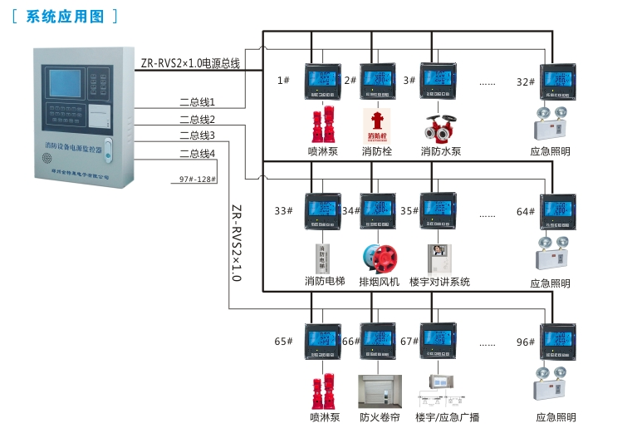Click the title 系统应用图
tap(66, 16)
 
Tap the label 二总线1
tap(197, 102)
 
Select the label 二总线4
tap(197, 153)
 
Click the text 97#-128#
tap(197, 179)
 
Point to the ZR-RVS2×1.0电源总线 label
tap(190, 62)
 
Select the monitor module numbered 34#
tap(378, 212)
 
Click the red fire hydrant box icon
tap(376, 125)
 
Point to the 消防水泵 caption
tap(440, 151)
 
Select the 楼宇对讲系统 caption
tap(440, 282)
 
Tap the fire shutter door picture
tap(378, 390)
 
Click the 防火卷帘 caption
tap(380, 417)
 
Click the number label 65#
tap(283, 342)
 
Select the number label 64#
tap(526, 212)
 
